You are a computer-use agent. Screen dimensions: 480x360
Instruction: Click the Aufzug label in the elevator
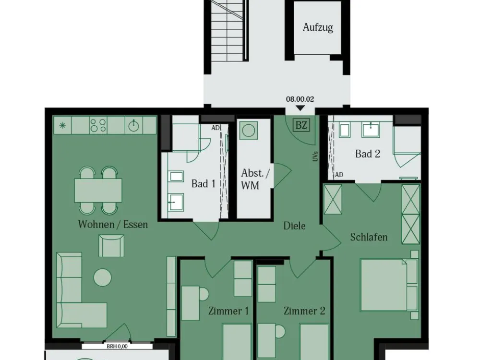pyautogui.click(x=318, y=27)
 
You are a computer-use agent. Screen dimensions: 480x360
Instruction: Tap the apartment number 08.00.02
pyautogui.click(x=300, y=99)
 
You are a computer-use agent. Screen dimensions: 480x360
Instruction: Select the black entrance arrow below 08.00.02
pyautogui.click(x=300, y=108)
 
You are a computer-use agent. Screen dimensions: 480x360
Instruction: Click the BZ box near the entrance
pyautogui.click(x=301, y=125)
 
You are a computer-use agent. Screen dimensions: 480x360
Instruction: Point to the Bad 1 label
pyautogui.click(x=204, y=184)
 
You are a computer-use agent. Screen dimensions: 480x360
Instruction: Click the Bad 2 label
pyautogui.click(x=368, y=154)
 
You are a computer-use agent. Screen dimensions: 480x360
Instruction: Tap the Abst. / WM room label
pyautogui.click(x=255, y=179)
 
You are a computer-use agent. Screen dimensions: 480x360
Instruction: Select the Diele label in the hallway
pyautogui.click(x=294, y=226)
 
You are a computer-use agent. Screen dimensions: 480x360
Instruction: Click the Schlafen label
pyautogui.click(x=369, y=237)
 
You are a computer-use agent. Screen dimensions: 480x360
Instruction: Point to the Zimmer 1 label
pyautogui.click(x=228, y=311)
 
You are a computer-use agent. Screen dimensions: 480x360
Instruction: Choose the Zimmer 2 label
pyautogui.click(x=304, y=311)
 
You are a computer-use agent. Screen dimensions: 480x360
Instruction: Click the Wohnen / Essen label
pyautogui.click(x=113, y=224)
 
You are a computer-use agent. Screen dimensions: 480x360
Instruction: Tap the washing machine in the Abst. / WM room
pyautogui.click(x=249, y=131)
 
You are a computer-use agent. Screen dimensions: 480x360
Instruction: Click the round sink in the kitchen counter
pyautogui.click(x=134, y=125)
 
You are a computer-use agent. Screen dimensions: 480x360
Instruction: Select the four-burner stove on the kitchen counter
pyautogui.click(x=98, y=125)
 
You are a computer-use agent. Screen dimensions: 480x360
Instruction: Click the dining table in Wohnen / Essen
pyautogui.click(x=98, y=191)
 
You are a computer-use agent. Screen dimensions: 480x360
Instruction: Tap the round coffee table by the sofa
pyautogui.click(x=102, y=277)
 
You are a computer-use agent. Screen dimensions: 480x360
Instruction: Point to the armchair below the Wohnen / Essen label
pyautogui.click(x=111, y=246)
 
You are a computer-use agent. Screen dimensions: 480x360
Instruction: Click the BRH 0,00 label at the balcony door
pyautogui.click(x=117, y=347)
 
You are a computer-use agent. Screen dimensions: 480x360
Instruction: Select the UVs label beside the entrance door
pyautogui.click(x=316, y=156)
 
